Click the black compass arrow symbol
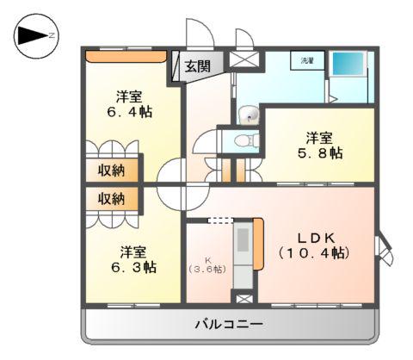[x=32, y=35]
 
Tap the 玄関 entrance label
[x=204, y=64]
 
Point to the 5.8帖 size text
[x=321, y=152]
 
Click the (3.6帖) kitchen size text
[x=207, y=269]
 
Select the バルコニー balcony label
[x=229, y=324]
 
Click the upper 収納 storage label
[x=110, y=170]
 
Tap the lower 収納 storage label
[x=110, y=199]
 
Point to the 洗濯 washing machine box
[x=307, y=61]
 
